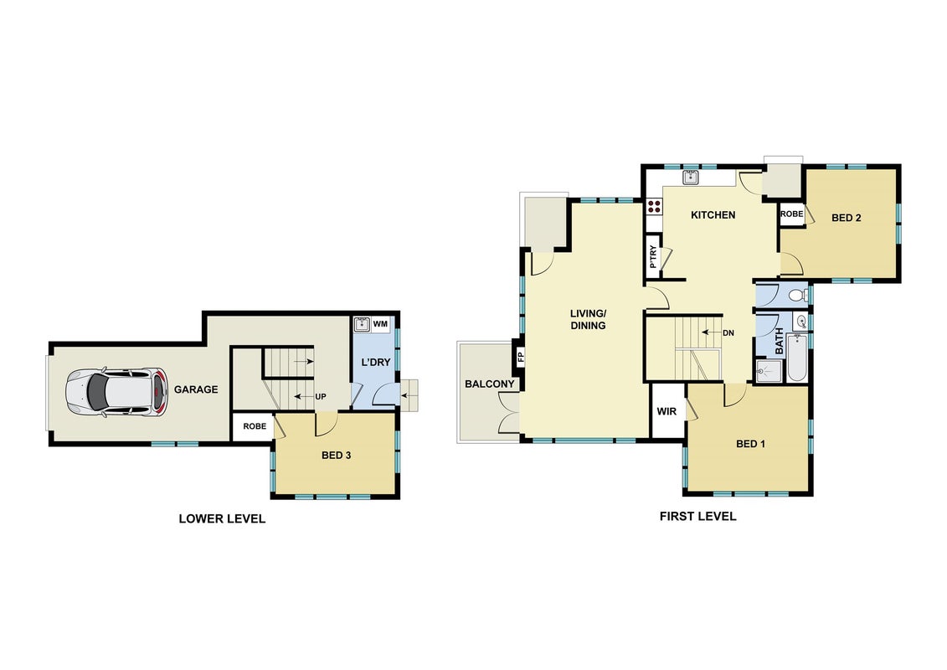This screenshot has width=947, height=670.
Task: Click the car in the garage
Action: tap(116, 393)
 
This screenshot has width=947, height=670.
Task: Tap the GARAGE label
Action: tap(196, 389)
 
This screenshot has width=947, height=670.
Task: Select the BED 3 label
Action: tap(336, 455)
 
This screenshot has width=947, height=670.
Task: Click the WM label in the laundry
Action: tap(380, 324)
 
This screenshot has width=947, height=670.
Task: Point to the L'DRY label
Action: tap(376, 362)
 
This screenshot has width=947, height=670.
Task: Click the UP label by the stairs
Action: tap(321, 397)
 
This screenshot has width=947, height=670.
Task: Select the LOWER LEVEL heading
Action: tap(222, 518)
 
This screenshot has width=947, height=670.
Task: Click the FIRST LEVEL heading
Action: tap(697, 516)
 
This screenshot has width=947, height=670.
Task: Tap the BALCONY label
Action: tap(489, 384)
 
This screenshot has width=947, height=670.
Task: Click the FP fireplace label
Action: tap(521, 357)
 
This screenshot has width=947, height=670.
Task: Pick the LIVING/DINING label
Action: tap(588, 319)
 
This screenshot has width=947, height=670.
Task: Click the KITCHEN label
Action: tap(713, 214)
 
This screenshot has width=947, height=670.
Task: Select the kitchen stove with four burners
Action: tap(654, 207)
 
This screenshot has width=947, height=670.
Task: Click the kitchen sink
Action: tap(690, 177)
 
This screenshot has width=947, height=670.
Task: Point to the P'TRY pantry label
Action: tap(653, 257)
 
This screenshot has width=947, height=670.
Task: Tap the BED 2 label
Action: tap(847, 218)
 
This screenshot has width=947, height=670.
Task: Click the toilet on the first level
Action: tap(797, 296)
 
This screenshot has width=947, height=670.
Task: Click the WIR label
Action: tap(667, 411)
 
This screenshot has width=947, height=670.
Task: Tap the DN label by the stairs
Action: tap(728, 332)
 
